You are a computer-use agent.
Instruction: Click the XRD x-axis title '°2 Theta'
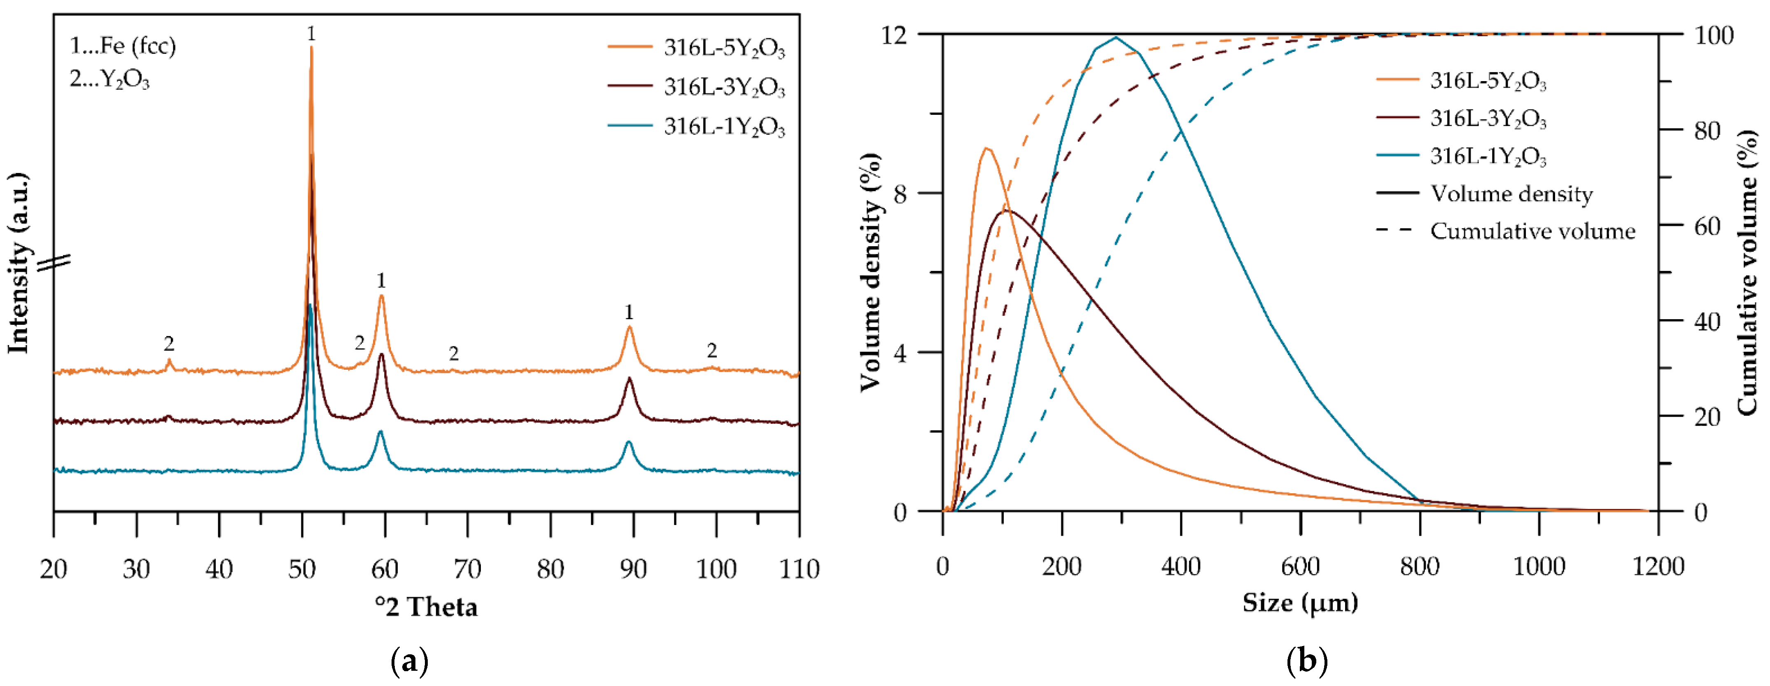point(426,606)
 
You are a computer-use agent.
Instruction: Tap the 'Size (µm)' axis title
point(1300,603)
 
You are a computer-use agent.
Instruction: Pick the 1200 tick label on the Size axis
point(1658,567)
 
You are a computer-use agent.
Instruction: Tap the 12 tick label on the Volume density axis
point(894,34)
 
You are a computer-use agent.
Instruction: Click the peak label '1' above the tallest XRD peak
point(311,33)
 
